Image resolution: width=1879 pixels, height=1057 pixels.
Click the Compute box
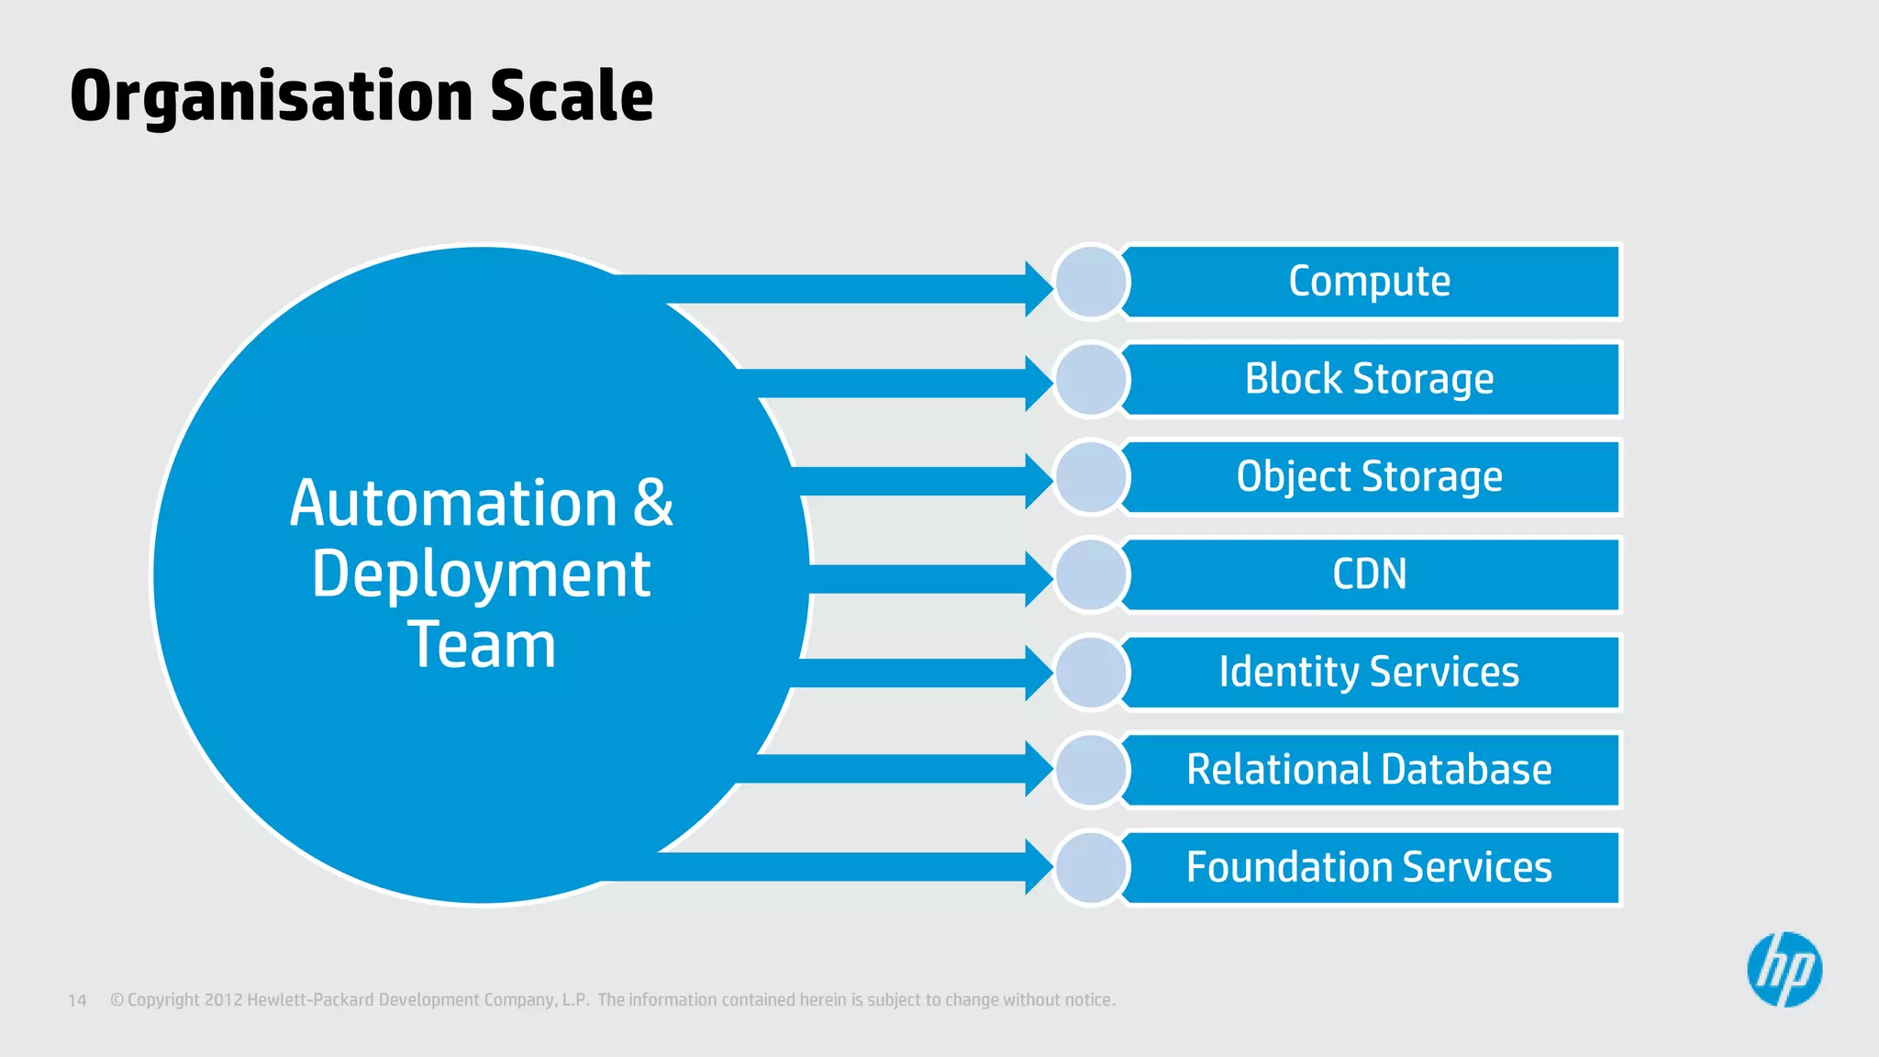[1370, 282]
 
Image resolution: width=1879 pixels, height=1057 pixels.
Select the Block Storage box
[1370, 379]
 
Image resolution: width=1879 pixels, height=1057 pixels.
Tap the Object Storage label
[1370, 477]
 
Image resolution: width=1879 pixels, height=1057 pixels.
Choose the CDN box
[1370, 574]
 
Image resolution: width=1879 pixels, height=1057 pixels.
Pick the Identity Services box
[1370, 673]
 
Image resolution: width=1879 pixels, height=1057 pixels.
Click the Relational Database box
[1370, 770]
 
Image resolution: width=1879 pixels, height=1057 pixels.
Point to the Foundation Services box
[1370, 868]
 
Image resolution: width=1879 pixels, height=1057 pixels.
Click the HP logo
[1784, 970]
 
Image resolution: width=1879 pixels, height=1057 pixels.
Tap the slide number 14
[77, 1000]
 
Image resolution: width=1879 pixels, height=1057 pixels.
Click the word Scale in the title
[571, 96]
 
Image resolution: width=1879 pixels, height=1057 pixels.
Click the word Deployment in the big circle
[481, 575]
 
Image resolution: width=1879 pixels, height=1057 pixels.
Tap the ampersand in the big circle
[652, 503]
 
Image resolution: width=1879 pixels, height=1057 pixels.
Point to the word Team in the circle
[481, 645]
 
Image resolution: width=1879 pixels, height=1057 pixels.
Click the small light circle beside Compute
[1091, 282]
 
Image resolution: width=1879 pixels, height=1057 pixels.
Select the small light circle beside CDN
[1091, 574]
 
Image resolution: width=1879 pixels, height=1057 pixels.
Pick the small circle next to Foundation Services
[1091, 868]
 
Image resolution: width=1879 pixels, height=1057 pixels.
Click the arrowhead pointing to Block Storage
[1038, 384]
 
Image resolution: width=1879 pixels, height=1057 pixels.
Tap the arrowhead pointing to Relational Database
[1038, 769]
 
